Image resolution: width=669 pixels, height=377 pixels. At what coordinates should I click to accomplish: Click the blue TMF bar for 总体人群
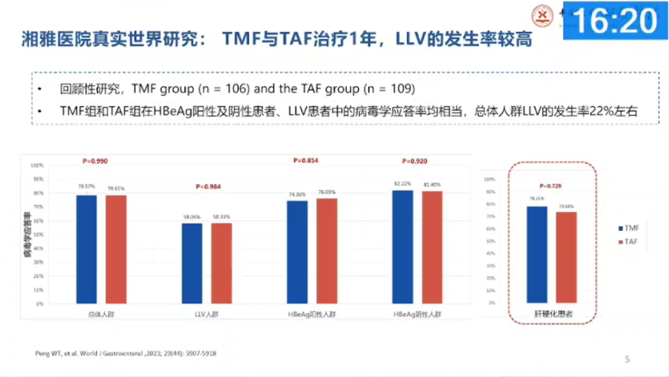tap(87, 249)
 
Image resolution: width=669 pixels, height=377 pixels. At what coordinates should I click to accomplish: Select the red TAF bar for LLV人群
tap(221, 263)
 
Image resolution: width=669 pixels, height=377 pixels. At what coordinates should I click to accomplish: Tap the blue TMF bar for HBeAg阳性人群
tap(297, 252)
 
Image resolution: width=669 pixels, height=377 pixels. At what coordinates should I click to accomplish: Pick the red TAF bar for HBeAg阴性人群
tap(432, 247)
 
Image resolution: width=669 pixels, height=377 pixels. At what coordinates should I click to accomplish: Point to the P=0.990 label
tap(95, 161)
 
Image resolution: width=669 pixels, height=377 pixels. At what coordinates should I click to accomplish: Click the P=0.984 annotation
tap(208, 186)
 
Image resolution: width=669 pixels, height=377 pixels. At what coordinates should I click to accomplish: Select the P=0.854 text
tap(305, 161)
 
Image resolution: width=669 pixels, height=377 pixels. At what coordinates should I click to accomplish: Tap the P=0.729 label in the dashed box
tap(551, 186)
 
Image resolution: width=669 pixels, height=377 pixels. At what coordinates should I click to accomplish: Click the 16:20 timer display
tap(615, 22)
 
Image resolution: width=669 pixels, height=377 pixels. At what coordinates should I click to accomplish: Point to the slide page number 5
tap(627, 359)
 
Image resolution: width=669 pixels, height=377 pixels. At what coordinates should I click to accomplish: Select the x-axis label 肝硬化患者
tap(553, 314)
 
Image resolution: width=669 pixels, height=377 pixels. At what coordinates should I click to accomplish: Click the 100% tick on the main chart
tap(37, 166)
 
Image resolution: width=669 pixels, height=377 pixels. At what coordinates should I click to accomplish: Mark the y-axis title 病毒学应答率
tap(27, 235)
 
